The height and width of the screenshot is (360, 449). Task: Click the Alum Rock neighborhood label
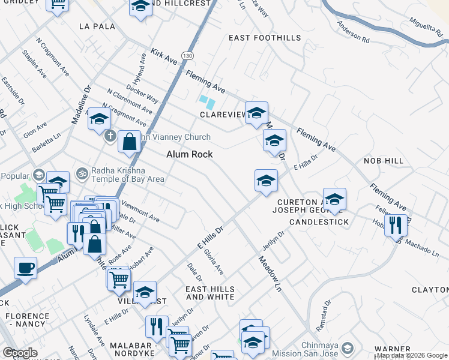(190, 154)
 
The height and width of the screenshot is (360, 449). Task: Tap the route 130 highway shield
(188, 56)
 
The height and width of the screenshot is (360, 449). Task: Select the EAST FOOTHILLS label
(265, 38)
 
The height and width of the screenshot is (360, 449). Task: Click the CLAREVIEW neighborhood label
(223, 114)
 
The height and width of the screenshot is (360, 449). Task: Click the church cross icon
(109, 136)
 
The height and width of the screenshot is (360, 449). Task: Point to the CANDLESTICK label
(319, 222)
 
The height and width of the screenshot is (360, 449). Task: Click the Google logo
(20, 352)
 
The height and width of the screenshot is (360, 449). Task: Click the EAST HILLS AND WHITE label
(210, 293)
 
